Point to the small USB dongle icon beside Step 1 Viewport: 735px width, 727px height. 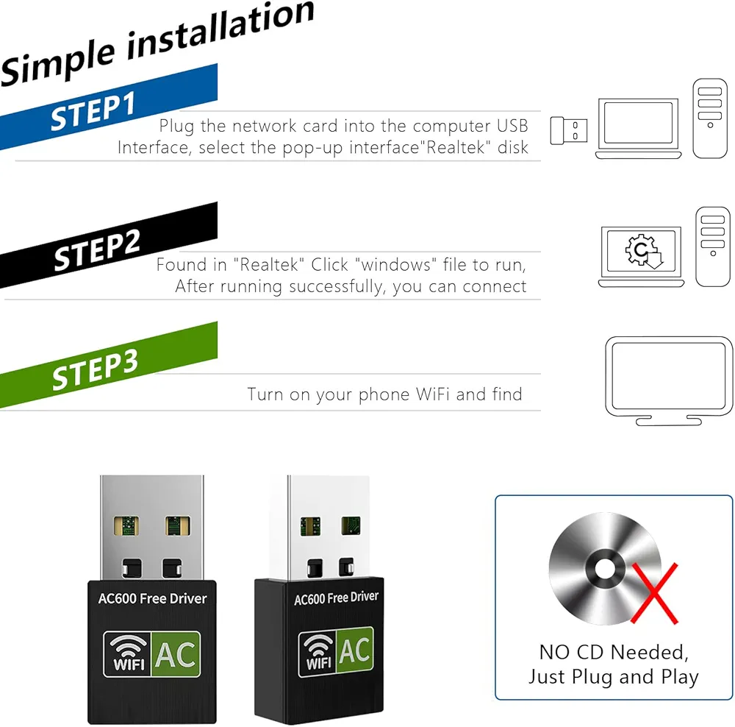569,132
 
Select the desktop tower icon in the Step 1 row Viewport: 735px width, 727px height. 710,117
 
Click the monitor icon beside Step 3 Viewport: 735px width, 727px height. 668,378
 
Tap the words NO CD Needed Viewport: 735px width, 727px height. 614,652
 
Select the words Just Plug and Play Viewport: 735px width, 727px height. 614,677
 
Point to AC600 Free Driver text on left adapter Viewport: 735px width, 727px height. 153,598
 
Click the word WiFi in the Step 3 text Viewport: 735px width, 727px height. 433,394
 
